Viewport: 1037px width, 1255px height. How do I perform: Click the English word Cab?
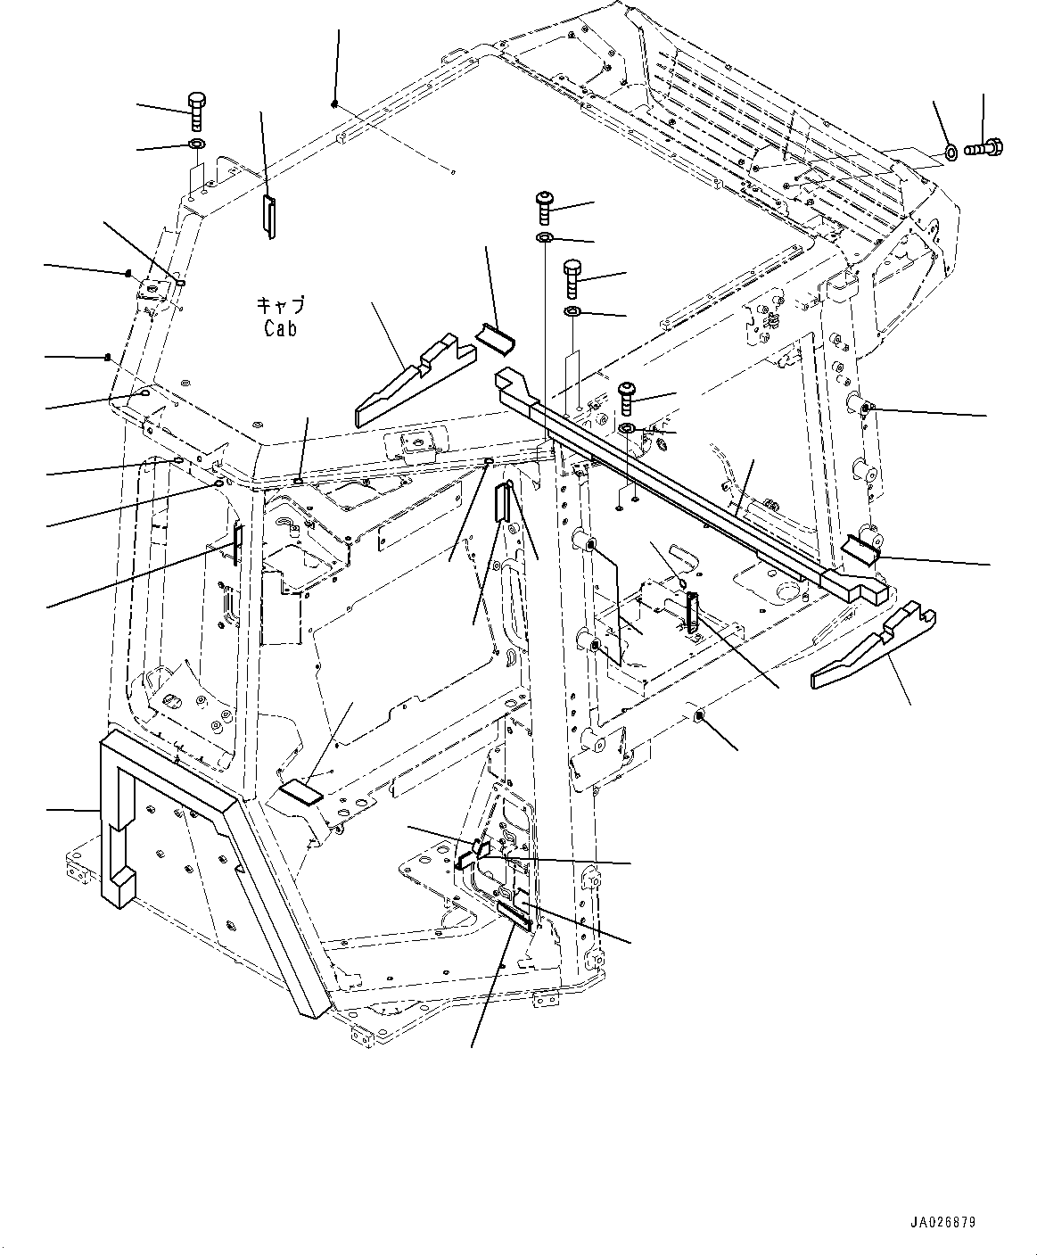pyautogui.click(x=280, y=328)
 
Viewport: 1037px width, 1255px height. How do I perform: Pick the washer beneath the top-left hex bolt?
pyautogui.click(x=196, y=144)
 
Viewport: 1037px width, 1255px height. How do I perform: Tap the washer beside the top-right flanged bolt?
pyautogui.click(x=951, y=153)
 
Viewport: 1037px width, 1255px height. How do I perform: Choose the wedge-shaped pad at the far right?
pyautogui.click(x=874, y=647)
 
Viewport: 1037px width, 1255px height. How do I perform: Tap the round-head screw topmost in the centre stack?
pyautogui.click(x=544, y=207)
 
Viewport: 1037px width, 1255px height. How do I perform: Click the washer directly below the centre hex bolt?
pyautogui.click(x=573, y=311)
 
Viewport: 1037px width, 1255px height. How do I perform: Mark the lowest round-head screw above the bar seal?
pyautogui.click(x=627, y=397)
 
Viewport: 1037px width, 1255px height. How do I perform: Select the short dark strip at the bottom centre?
pyautogui.click(x=514, y=914)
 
